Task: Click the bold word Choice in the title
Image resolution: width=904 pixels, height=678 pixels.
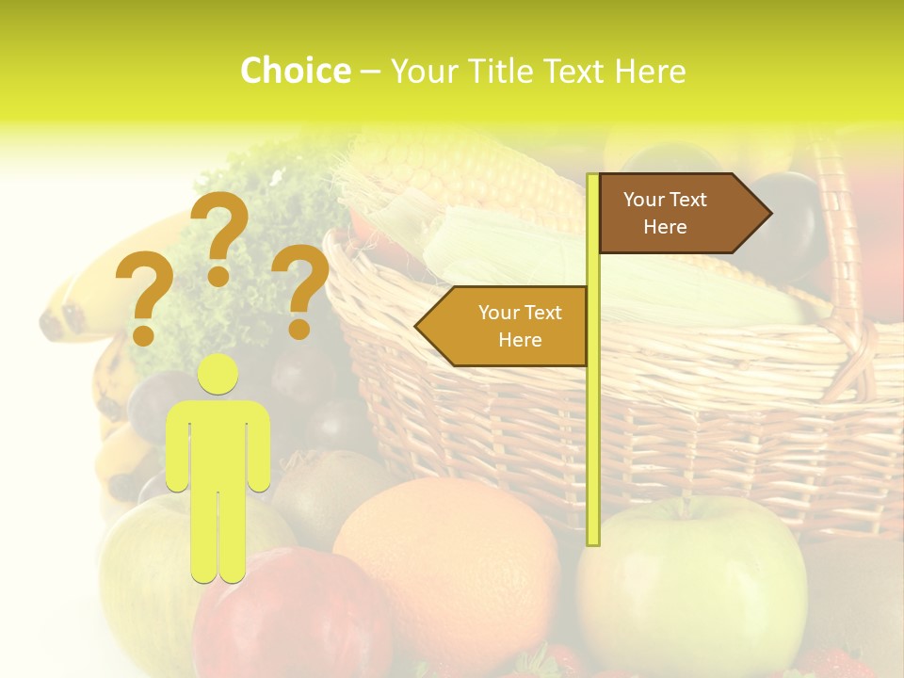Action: coord(295,72)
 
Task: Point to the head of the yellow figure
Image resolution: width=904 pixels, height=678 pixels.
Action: coord(218,375)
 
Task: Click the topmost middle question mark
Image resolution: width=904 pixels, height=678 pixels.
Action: coord(219,235)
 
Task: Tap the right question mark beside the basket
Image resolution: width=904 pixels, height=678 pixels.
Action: coord(300,288)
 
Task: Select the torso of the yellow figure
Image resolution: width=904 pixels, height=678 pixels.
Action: coord(218,443)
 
